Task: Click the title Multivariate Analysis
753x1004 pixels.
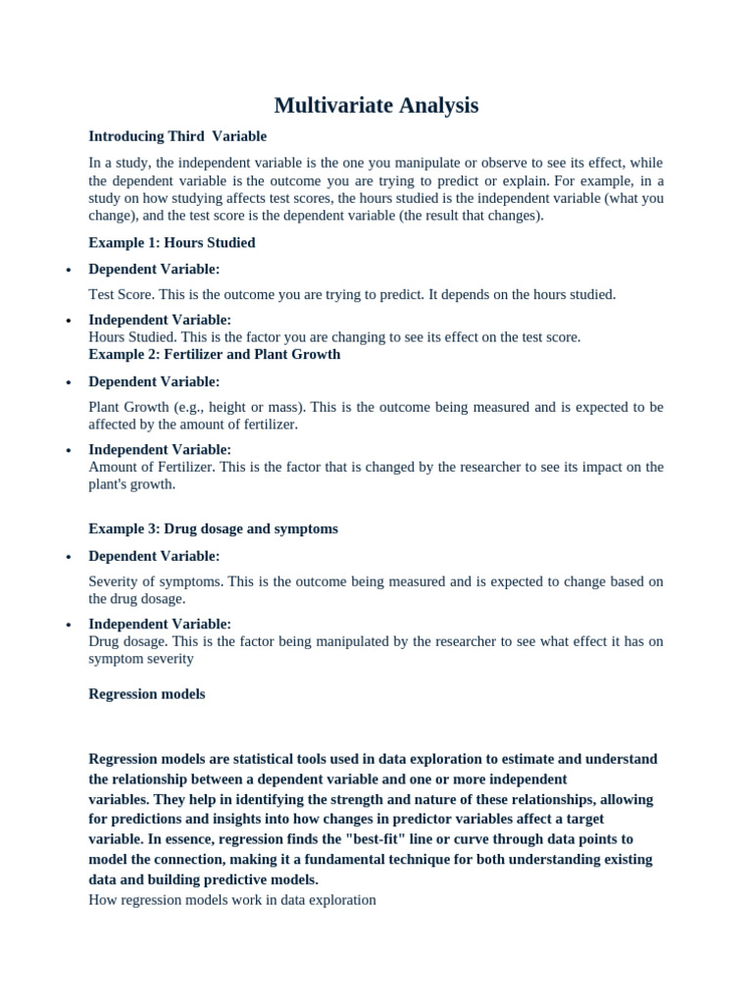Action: [x=376, y=105]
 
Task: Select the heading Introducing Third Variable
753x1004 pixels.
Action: [x=177, y=136]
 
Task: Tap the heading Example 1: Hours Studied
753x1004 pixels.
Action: [x=172, y=242]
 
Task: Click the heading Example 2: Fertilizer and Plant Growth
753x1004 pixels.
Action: [x=215, y=354]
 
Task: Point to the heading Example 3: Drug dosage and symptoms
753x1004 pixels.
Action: [x=213, y=528]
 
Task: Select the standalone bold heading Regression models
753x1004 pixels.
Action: [x=147, y=693]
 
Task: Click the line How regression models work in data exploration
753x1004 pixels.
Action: [x=232, y=899]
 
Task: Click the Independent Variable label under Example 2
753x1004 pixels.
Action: [x=160, y=450]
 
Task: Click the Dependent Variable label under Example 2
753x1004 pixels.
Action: [x=154, y=381]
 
